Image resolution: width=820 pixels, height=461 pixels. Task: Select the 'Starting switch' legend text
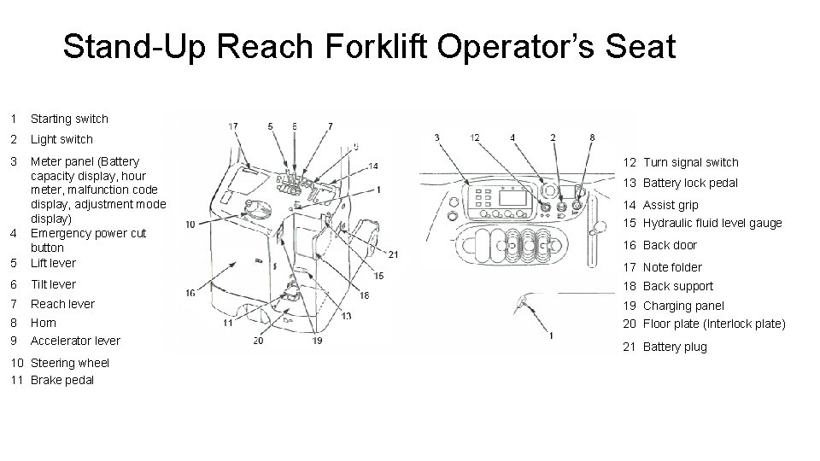pyautogui.click(x=69, y=119)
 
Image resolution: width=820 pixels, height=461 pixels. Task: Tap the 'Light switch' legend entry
pyautogui.click(x=61, y=139)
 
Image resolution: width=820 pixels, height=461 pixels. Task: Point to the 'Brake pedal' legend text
pyautogui.click(x=62, y=380)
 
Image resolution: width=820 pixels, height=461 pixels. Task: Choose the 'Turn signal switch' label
pyautogui.click(x=690, y=162)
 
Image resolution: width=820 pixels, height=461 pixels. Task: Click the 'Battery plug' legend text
pyautogui.click(x=675, y=347)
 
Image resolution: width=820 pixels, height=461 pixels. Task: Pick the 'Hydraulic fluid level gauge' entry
pyautogui.click(x=712, y=223)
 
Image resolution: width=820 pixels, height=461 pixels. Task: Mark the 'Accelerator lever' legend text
pyautogui.click(x=75, y=341)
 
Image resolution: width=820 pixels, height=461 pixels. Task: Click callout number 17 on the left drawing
pyautogui.click(x=233, y=127)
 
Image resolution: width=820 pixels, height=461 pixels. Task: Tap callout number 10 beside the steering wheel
pyautogui.click(x=190, y=224)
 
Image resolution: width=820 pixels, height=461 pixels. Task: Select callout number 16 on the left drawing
pyautogui.click(x=190, y=293)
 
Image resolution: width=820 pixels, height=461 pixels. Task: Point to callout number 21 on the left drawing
pyautogui.click(x=393, y=254)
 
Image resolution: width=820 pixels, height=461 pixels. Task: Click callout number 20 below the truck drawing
pyautogui.click(x=258, y=341)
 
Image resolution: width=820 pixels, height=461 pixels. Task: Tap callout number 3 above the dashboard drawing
pyautogui.click(x=436, y=137)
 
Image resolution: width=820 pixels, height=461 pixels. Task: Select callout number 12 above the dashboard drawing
pyautogui.click(x=474, y=137)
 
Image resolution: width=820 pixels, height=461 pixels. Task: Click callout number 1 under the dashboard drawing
pyautogui.click(x=551, y=335)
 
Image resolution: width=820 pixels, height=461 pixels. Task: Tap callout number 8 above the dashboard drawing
pyautogui.click(x=591, y=137)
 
